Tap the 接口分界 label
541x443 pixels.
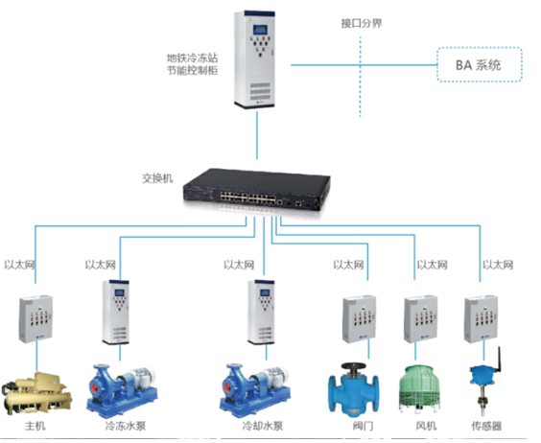(x=362, y=23)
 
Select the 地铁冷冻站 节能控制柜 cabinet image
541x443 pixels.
(x=254, y=59)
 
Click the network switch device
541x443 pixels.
(x=256, y=190)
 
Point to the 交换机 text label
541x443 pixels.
(x=157, y=178)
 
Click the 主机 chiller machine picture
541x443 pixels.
(x=36, y=393)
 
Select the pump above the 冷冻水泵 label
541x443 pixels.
(x=122, y=389)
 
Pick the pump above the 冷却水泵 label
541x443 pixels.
(x=255, y=389)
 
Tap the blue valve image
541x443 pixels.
(x=353, y=388)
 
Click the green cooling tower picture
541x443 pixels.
(x=420, y=389)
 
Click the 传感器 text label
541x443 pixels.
(x=486, y=426)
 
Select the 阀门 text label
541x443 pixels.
(x=363, y=426)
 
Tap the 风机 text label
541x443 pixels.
(x=426, y=426)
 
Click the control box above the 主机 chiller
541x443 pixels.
(x=35, y=318)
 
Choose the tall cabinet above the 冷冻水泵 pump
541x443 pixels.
(x=116, y=312)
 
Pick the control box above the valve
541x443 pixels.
(x=359, y=318)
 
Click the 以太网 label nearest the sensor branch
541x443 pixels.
(x=498, y=265)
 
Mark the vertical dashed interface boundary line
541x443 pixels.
(x=361, y=77)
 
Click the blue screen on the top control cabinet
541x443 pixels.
(x=260, y=30)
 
